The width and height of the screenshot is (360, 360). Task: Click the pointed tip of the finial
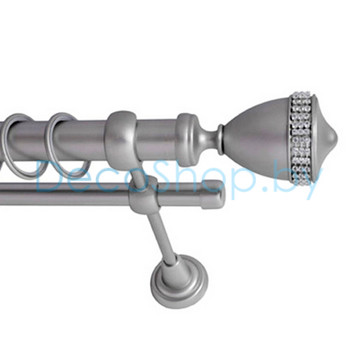[337, 138]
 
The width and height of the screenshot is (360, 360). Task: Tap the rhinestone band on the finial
[301, 138]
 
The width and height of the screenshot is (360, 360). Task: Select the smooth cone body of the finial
[257, 139]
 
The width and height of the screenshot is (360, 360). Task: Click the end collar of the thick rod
[188, 139]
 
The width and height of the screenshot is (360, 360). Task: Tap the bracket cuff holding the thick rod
[122, 139]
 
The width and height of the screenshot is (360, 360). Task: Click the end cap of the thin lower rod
[212, 195]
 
